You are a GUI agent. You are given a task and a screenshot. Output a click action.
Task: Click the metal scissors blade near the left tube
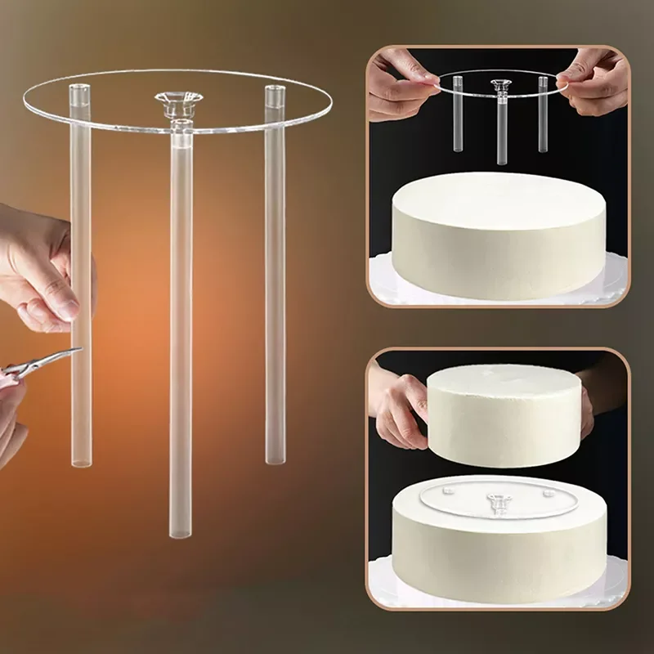coord(53,360)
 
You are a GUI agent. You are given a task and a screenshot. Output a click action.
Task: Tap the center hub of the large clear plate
coord(179,101)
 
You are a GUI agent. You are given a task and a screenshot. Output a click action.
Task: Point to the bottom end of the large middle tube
coord(181,531)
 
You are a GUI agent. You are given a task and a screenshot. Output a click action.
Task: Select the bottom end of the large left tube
coord(81,462)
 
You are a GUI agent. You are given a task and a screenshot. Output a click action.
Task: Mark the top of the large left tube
coord(78,89)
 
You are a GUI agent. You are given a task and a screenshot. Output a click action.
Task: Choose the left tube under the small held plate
coord(457,114)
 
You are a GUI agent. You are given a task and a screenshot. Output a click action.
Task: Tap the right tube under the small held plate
coord(542,114)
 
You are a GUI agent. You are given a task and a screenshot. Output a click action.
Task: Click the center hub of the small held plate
coord(499,84)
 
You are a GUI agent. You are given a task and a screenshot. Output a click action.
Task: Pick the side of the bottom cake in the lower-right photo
coord(499,556)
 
